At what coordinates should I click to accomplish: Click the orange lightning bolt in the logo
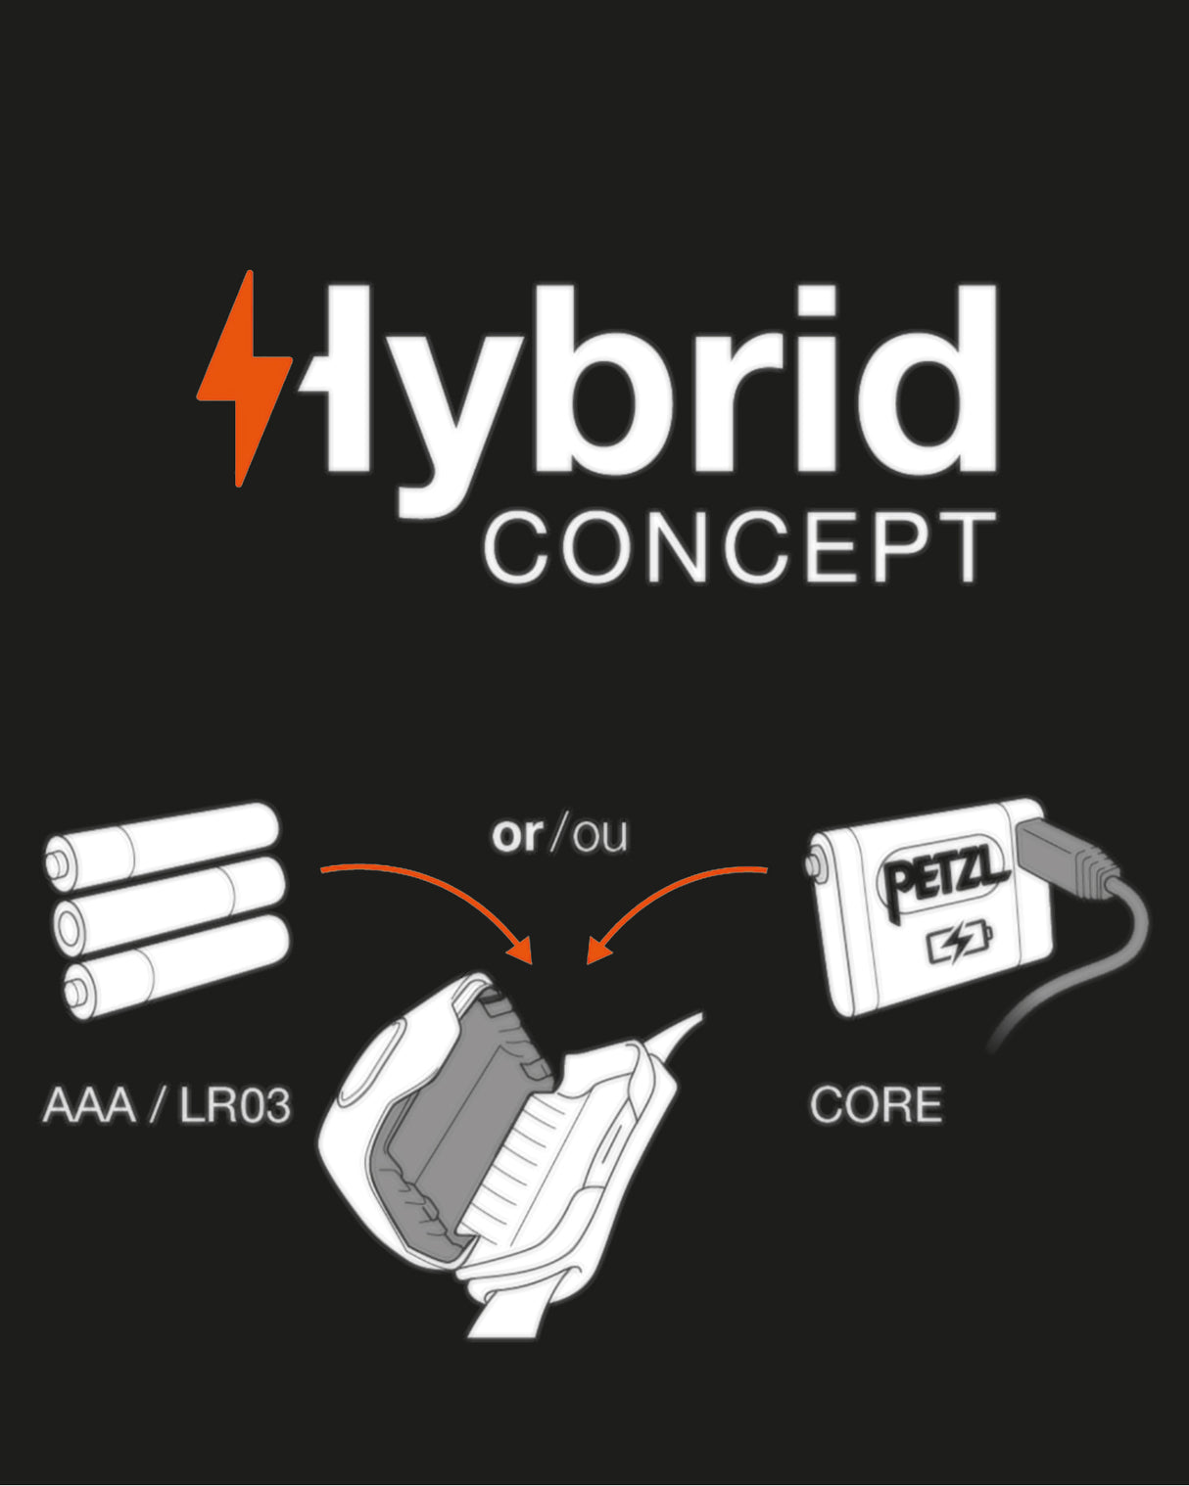tap(243, 380)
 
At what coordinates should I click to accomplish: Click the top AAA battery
tap(163, 843)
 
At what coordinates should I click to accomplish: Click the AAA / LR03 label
tap(166, 1106)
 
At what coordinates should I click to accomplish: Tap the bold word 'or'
tap(517, 835)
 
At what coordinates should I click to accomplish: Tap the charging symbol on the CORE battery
tap(959, 945)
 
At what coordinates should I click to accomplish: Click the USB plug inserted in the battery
tap(1063, 856)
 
